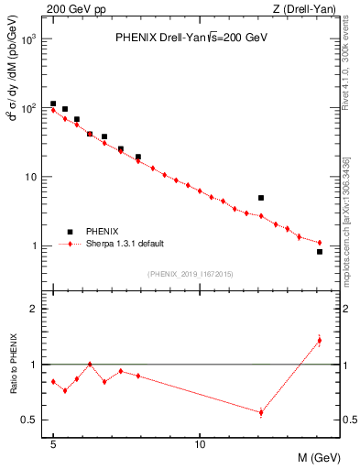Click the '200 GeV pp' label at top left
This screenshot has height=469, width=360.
point(76,10)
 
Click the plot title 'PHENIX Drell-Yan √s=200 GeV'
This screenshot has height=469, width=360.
point(190,38)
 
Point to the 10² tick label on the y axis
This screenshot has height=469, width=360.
point(30,108)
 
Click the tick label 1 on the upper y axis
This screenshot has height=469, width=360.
point(35,245)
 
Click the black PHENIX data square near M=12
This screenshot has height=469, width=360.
point(261,198)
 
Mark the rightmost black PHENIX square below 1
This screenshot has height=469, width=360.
point(320,251)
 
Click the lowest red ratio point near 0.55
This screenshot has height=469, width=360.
point(261,412)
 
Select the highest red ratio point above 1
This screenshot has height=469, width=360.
point(320,340)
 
